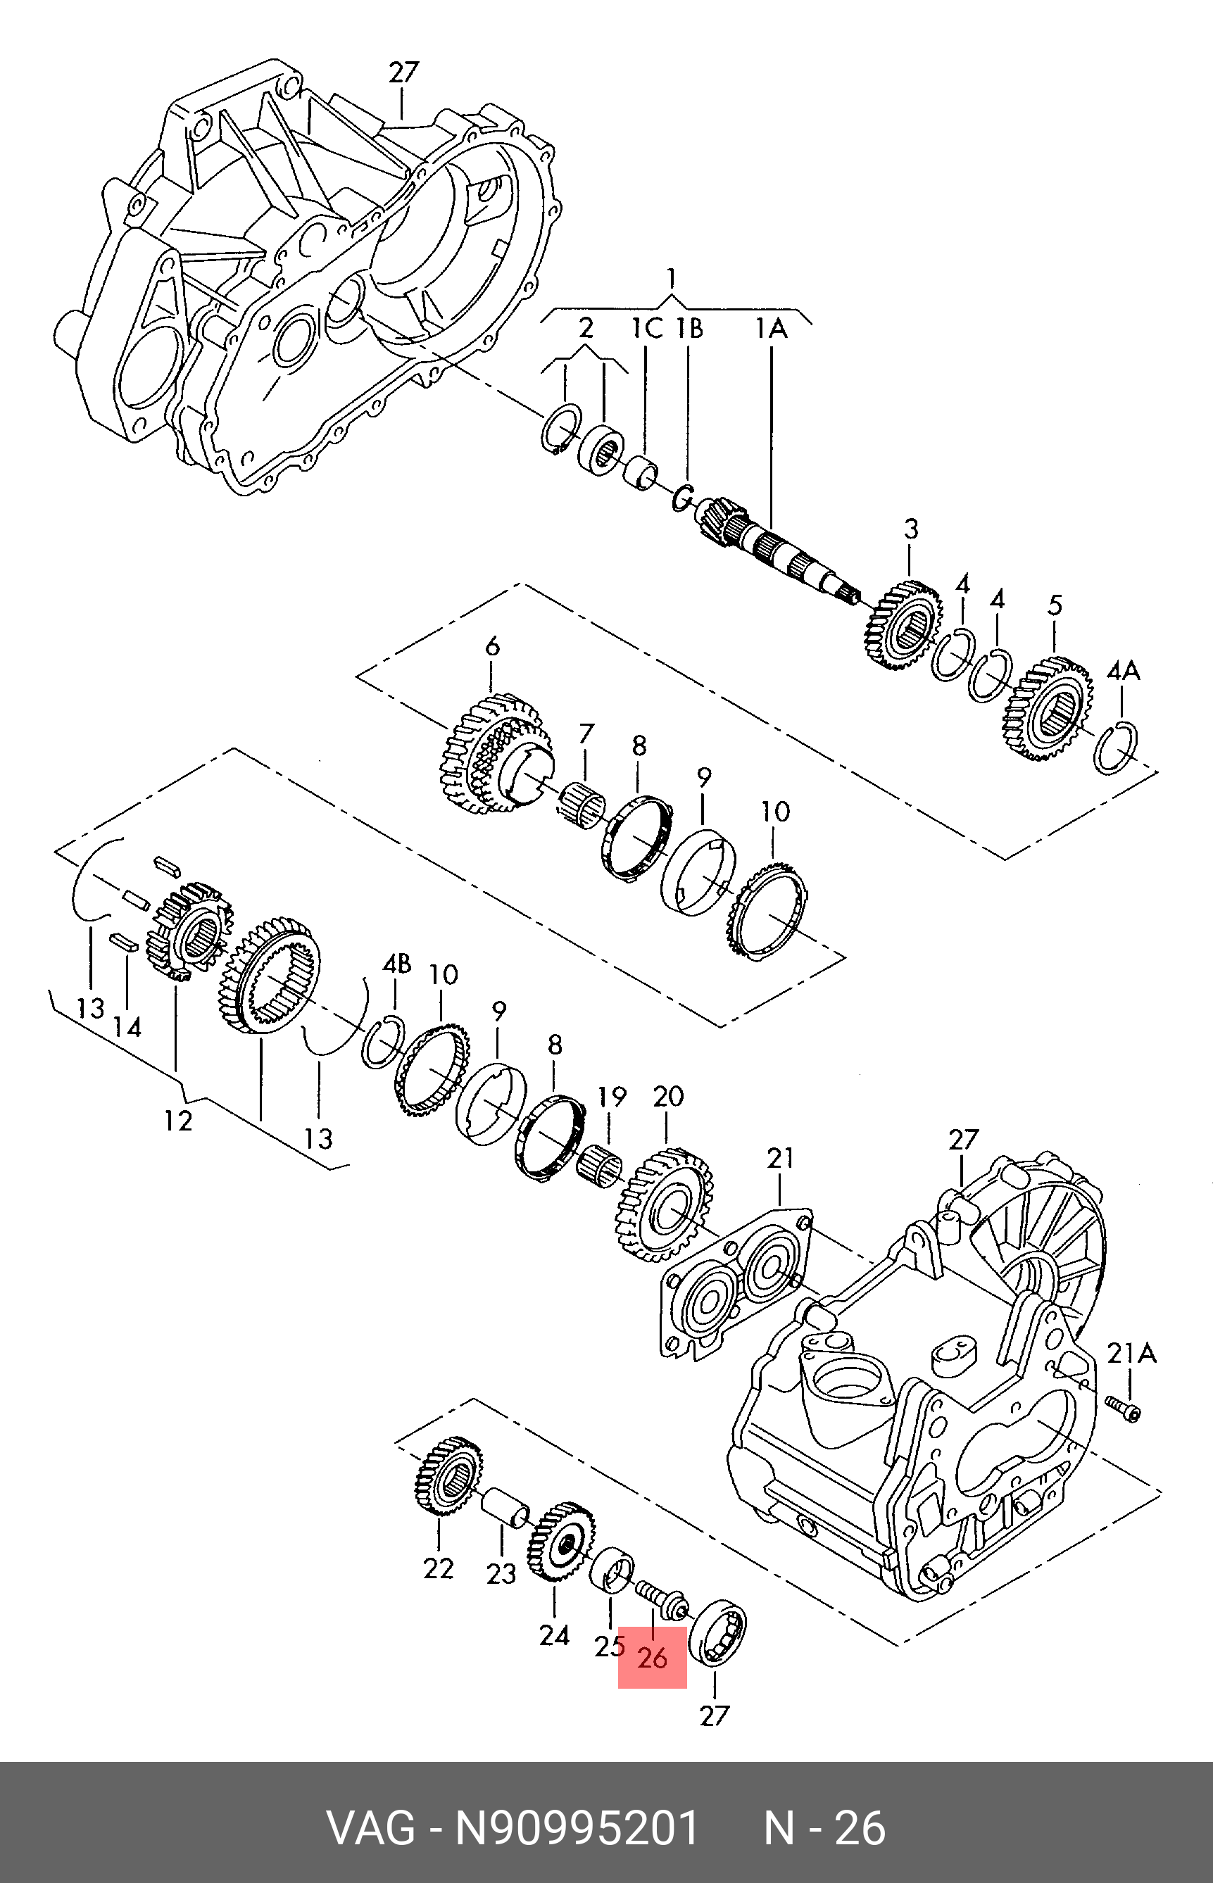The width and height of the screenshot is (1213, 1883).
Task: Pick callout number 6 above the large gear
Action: pyautogui.click(x=491, y=647)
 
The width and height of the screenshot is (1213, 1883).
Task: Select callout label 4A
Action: pyautogui.click(x=1123, y=671)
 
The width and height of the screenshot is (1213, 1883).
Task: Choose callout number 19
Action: pyautogui.click(x=611, y=1097)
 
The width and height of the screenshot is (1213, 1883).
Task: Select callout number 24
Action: pyautogui.click(x=554, y=1636)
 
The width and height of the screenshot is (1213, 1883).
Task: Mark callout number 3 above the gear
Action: pyautogui.click(x=910, y=529)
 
